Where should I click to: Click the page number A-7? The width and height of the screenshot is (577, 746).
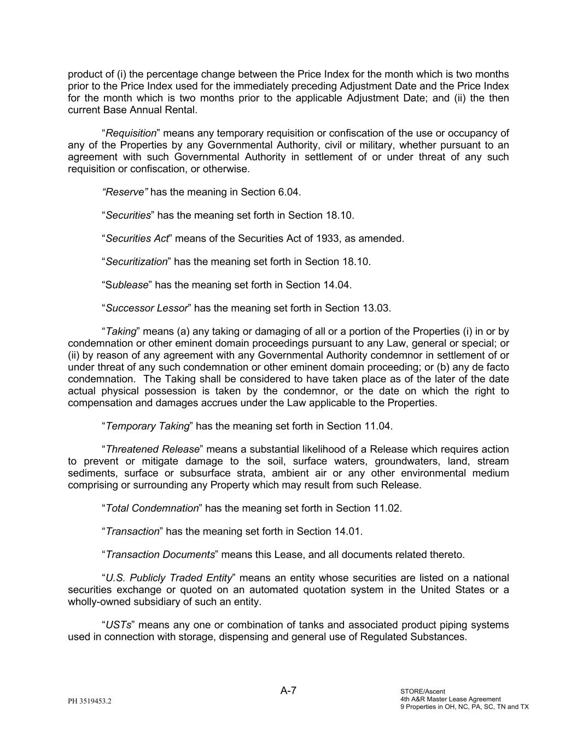[x=288, y=690]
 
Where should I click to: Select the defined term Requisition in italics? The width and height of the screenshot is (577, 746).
[x=131, y=133]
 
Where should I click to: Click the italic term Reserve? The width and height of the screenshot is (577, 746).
[x=125, y=192]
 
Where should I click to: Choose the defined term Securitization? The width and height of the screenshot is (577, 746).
[x=136, y=262]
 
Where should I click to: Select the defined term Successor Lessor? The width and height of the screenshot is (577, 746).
[x=147, y=308]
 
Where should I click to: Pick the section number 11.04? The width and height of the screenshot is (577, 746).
[x=378, y=426]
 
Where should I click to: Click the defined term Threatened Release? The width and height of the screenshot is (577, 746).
[x=153, y=449]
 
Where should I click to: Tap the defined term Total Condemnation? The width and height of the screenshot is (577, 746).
[x=152, y=508]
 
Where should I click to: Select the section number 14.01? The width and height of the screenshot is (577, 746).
[x=348, y=531]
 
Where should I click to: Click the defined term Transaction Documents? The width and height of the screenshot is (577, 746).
[x=160, y=555]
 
